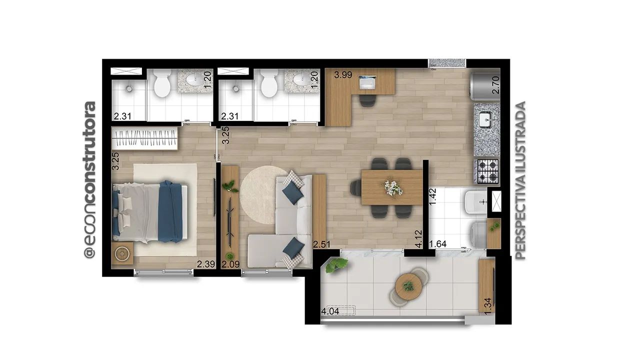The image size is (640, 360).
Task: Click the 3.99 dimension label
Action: coord(343,75)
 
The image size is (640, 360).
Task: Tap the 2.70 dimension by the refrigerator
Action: coord(496,85)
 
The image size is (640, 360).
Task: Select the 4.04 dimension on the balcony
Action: coord(330,311)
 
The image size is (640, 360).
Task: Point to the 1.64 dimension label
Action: coord(438,244)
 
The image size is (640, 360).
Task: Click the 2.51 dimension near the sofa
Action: coord(321,244)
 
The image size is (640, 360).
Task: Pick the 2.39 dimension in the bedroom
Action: coord(205,264)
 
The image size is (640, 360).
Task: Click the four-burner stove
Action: coord(487,171)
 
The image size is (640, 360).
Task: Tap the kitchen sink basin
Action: coord(486,120)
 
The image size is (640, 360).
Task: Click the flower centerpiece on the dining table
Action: coord(393,188)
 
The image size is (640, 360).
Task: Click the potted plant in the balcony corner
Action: coord(336,265)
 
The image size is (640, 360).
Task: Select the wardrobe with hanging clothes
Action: coord(144,138)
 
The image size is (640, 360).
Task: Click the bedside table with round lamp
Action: coord(122,253)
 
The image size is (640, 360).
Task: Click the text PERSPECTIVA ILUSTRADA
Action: coord(520,180)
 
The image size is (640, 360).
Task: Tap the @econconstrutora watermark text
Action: coord(89,180)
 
